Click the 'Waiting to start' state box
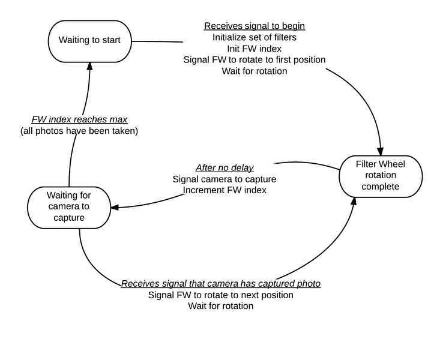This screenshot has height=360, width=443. click(89, 41)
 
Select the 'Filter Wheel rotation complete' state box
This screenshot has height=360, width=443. click(381, 176)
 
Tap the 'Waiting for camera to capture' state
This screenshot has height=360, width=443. click(69, 206)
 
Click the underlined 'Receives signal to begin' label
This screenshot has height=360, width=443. click(255, 26)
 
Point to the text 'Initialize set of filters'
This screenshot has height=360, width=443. click(255, 37)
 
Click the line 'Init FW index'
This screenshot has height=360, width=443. click(255, 49)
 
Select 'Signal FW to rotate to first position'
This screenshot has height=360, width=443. click(255, 60)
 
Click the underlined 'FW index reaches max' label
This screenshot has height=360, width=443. click(80, 119)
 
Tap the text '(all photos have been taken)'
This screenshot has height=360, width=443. click(80, 130)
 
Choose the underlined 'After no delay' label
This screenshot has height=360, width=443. click(225, 167)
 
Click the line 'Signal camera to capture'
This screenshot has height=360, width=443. click(225, 179)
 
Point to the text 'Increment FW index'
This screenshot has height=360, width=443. click(225, 190)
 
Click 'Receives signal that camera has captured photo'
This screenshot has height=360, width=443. click(221, 283)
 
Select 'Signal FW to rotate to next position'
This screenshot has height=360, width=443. click(221, 295)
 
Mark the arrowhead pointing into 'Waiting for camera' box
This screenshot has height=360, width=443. click(115, 208)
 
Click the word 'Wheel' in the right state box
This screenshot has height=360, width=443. click(392, 164)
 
